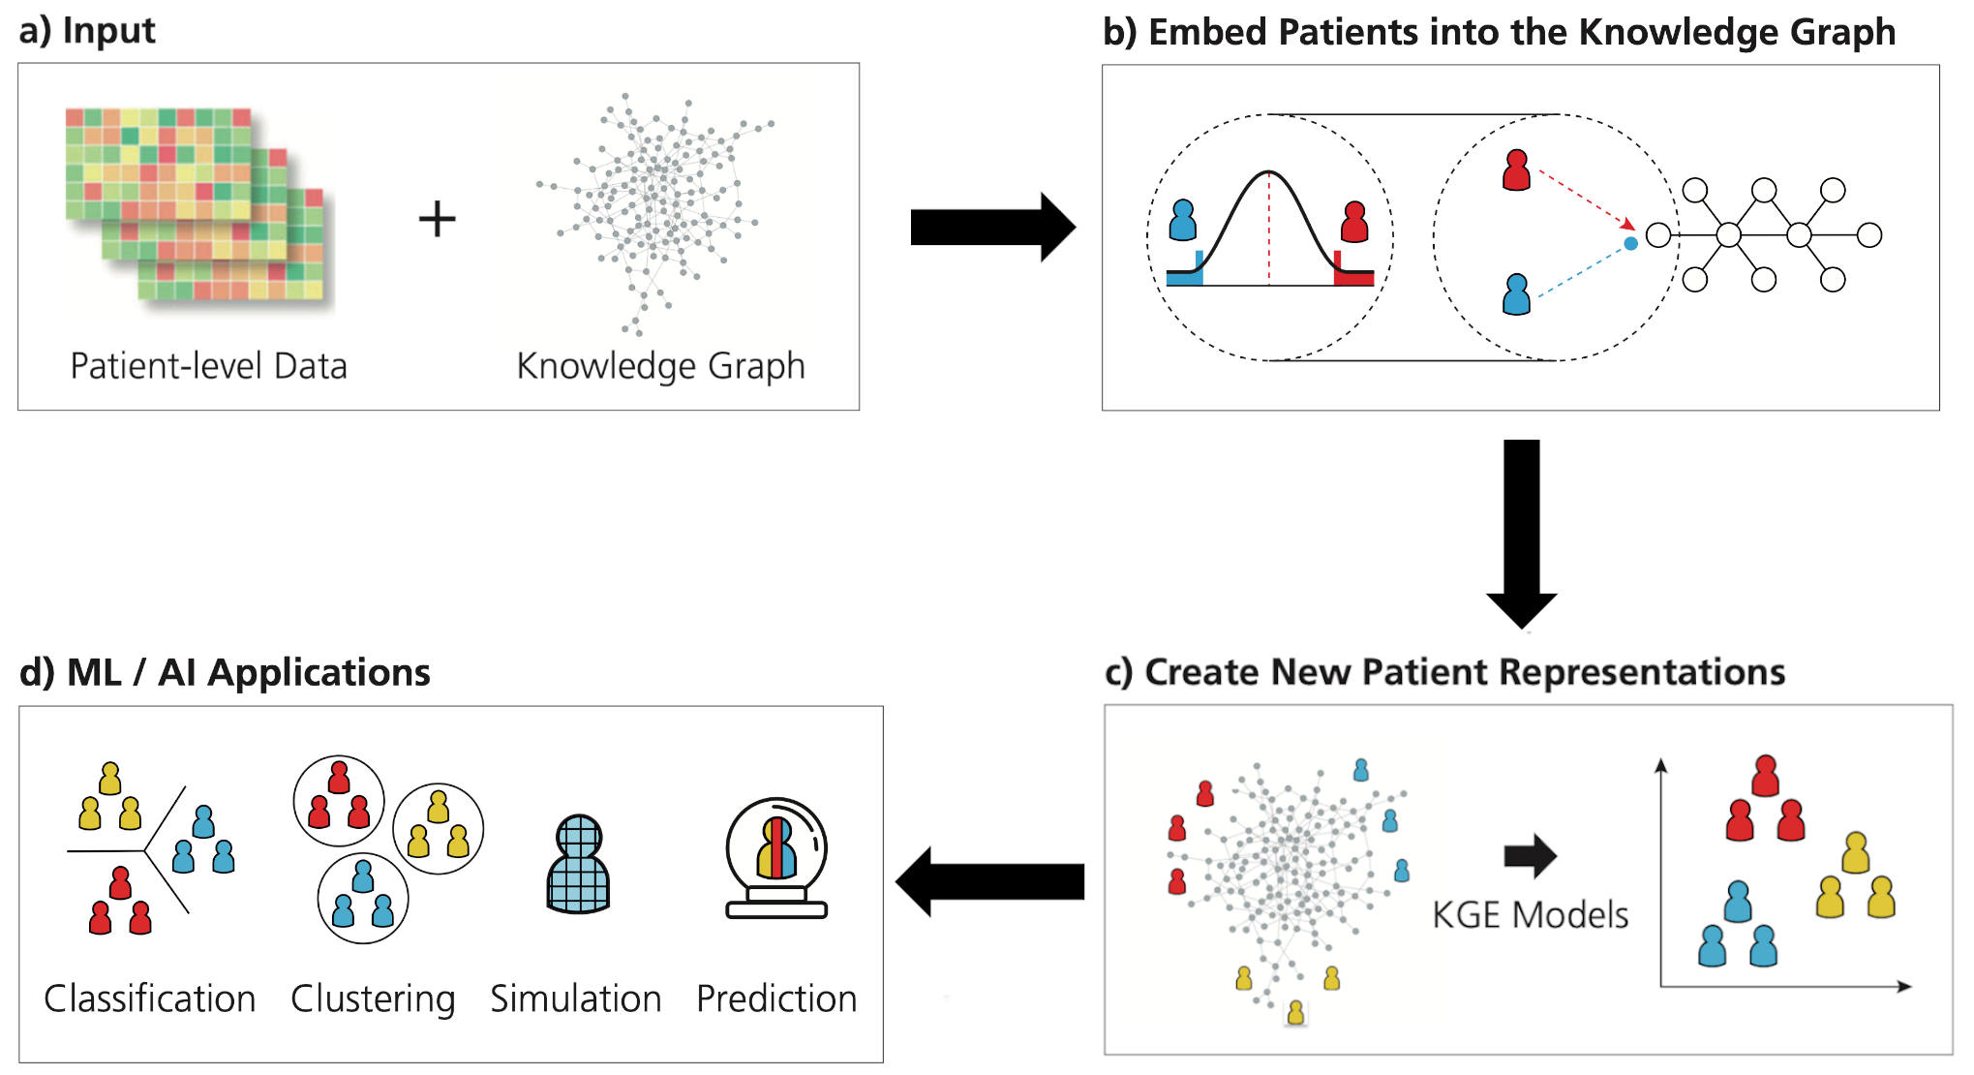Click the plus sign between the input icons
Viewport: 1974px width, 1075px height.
tap(437, 219)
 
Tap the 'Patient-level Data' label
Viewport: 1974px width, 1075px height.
tap(208, 366)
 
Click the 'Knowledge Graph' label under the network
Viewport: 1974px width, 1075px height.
tap(660, 367)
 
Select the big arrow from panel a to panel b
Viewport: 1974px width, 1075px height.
tap(992, 227)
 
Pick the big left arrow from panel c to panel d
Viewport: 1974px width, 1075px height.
tap(989, 881)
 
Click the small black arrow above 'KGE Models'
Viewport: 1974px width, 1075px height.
tap(1530, 855)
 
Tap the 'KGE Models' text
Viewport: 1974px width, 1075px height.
tap(1530, 915)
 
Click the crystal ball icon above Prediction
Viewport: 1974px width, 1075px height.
tap(776, 858)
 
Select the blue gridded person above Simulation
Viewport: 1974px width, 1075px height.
tap(579, 864)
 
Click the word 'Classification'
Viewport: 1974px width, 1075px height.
tap(150, 998)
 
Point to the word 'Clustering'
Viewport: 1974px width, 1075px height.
tap(373, 999)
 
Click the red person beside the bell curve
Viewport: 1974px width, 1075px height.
tap(1354, 222)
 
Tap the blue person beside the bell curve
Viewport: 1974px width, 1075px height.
tap(1182, 220)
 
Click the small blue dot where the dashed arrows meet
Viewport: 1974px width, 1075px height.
tap(1630, 243)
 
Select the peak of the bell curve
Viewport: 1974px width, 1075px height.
tap(1268, 172)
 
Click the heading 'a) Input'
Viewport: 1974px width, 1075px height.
tap(87, 31)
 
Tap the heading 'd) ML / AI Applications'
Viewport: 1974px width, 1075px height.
tap(225, 672)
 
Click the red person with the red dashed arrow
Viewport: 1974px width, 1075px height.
tap(1516, 169)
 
